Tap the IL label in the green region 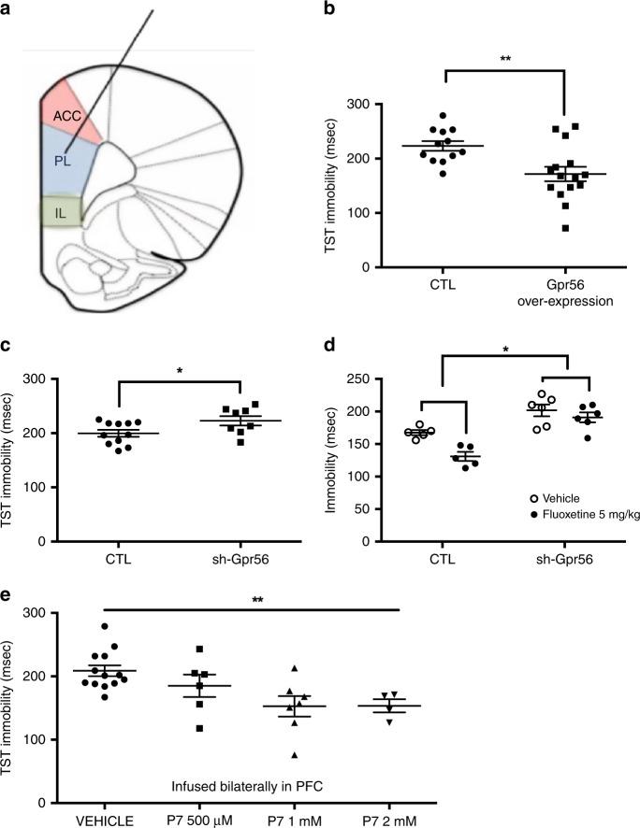[x=60, y=213]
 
